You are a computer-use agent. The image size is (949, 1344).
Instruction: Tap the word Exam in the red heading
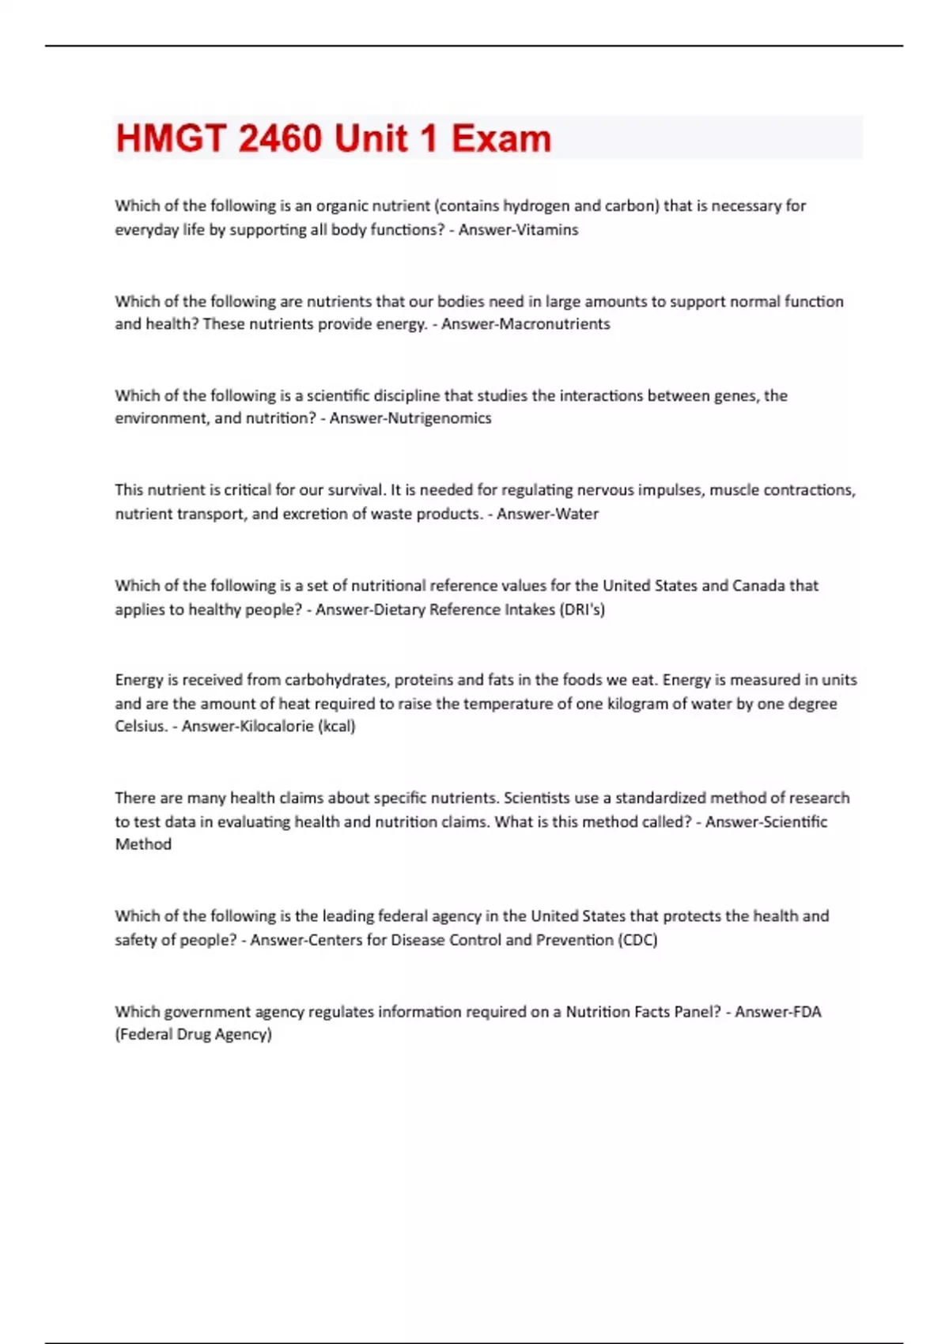(501, 138)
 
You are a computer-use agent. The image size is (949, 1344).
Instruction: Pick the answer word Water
(577, 514)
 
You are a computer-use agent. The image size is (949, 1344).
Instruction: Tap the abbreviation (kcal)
(336, 727)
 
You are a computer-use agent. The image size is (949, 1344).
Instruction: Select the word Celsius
(141, 727)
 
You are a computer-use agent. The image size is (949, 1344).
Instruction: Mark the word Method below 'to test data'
(143, 844)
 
